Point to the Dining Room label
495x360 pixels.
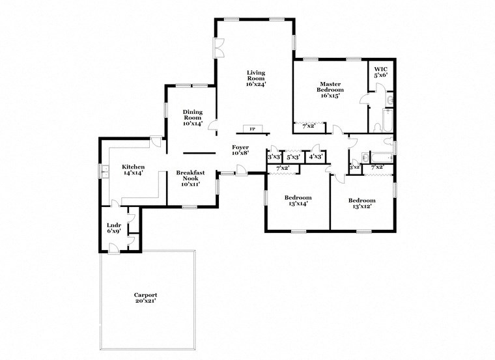pos(192,117)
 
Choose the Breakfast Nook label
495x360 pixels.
pos(191,178)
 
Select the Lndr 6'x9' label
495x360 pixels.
pos(113,228)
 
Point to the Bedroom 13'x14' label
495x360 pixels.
pos(298,201)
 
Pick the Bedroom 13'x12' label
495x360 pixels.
pos(361,203)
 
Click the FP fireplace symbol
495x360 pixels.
pos(251,129)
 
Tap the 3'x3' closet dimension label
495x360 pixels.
pos(274,157)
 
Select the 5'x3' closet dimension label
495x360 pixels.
pos(293,157)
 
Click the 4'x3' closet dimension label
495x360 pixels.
pos(316,157)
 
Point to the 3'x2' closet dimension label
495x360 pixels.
pos(355,168)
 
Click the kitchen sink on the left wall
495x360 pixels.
pos(104,171)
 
